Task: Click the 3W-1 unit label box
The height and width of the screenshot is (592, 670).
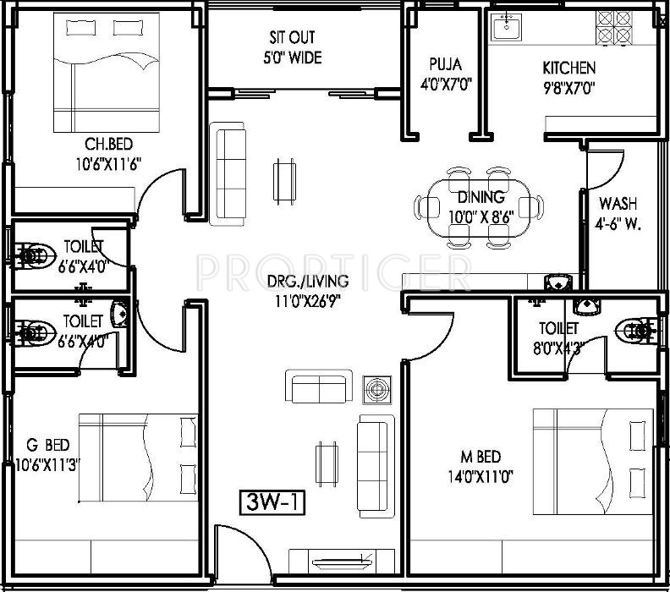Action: pyautogui.click(x=272, y=502)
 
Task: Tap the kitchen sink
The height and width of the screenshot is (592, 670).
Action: pyautogui.click(x=507, y=26)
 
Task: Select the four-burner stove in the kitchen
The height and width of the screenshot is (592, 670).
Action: pyautogui.click(x=614, y=27)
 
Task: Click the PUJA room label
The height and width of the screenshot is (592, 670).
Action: pyautogui.click(x=445, y=64)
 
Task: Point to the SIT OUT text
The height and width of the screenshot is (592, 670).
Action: pyautogui.click(x=292, y=37)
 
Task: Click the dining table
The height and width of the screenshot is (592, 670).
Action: pyautogui.click(x=479, y=208)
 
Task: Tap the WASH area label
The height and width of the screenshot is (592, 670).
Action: pyautogui.click(x=618, y=203)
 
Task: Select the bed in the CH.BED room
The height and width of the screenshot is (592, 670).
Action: pyautogui.click(x=107, y=72)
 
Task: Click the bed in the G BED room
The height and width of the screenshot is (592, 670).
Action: pyautogui.click(x=139, y=457)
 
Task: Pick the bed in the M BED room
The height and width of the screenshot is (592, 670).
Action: pyautogui.click(x=593, y=462)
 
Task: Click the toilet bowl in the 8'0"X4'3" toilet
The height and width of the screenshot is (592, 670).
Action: pyautogui.click(x=634, y=331)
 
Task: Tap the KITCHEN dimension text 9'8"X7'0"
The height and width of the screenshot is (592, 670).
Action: pyautogui.click(x=568, y=88)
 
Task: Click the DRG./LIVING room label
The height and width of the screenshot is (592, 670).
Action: pyautogui.click(x=308, y=281)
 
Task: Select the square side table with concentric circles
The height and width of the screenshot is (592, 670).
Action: pyautogui.click(x=377, y=390)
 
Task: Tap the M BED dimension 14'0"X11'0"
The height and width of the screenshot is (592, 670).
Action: pyautogui.click(x=480, y=476)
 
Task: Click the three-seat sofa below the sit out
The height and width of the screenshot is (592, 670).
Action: pyautogui.click(x=227, y=174)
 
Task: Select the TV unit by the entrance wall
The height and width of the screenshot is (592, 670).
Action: pyautogui.click(x=342, y=562)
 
